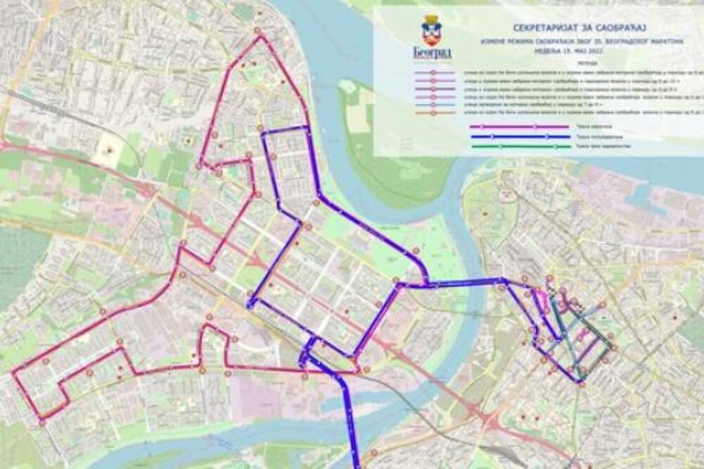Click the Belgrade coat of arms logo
431,32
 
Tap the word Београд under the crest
431,53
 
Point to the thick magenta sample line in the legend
520,127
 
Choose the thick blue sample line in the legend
520,137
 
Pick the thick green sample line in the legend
520,146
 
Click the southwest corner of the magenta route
42,420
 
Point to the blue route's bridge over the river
461,282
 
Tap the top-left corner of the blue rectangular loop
262,132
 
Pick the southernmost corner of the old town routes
581,382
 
